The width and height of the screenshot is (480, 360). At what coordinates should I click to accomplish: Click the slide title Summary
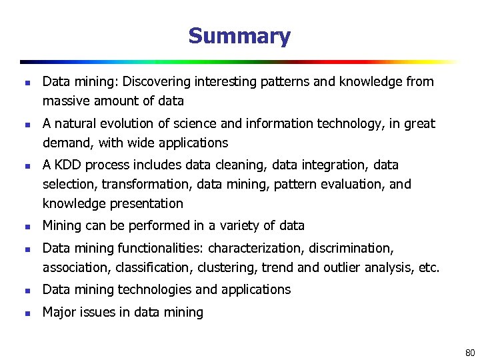[x=239, y=36]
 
